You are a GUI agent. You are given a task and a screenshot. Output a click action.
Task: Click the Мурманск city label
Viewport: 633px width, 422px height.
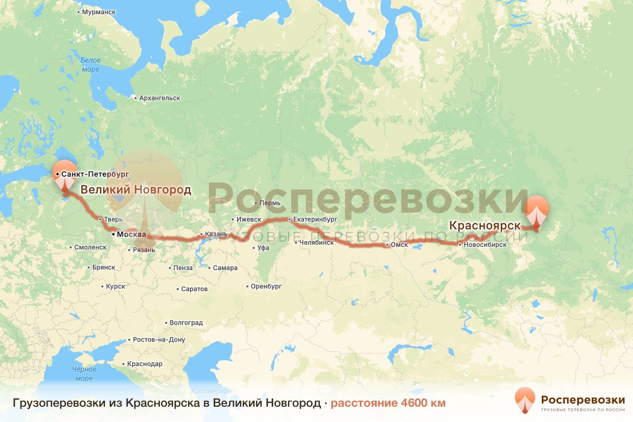tap(98, 11)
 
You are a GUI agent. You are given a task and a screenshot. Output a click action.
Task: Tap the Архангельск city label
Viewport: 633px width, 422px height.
tap(160, 98)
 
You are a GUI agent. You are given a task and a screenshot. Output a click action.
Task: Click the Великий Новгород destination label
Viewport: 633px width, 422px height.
tap(136, 190)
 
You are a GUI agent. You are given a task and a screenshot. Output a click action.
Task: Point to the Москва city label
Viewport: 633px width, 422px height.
tap(128, 234)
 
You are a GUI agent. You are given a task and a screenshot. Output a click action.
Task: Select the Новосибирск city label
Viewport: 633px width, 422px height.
tap(485, 245)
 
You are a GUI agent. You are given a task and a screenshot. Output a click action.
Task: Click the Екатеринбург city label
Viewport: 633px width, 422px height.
tap(315, 219)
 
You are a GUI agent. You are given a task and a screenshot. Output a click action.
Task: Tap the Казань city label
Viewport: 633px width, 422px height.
tap(216, 234)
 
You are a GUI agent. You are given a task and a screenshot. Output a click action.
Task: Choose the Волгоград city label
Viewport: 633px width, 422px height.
tap(186, 323)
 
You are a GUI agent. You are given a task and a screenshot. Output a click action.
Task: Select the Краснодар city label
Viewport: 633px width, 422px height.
tap(145, 364)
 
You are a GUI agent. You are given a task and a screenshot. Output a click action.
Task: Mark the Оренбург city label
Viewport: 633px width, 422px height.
tap(266, 286)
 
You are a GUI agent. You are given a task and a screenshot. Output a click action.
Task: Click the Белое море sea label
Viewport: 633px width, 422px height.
tap(90, 65)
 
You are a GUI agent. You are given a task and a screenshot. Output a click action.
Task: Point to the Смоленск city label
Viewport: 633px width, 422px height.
tap(90, 247)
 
